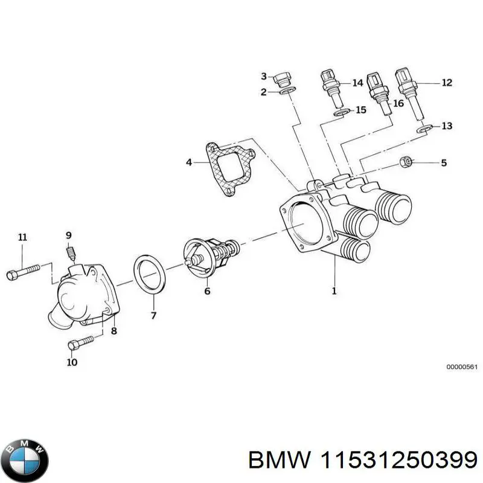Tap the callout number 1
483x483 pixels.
click(334, 292)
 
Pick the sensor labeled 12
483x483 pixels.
click(407, 91)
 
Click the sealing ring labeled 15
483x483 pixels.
click(341, 112)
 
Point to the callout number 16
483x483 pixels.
click(398, 104)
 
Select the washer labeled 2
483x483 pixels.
click(287, 92)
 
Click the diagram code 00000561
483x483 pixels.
click(462, 366)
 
